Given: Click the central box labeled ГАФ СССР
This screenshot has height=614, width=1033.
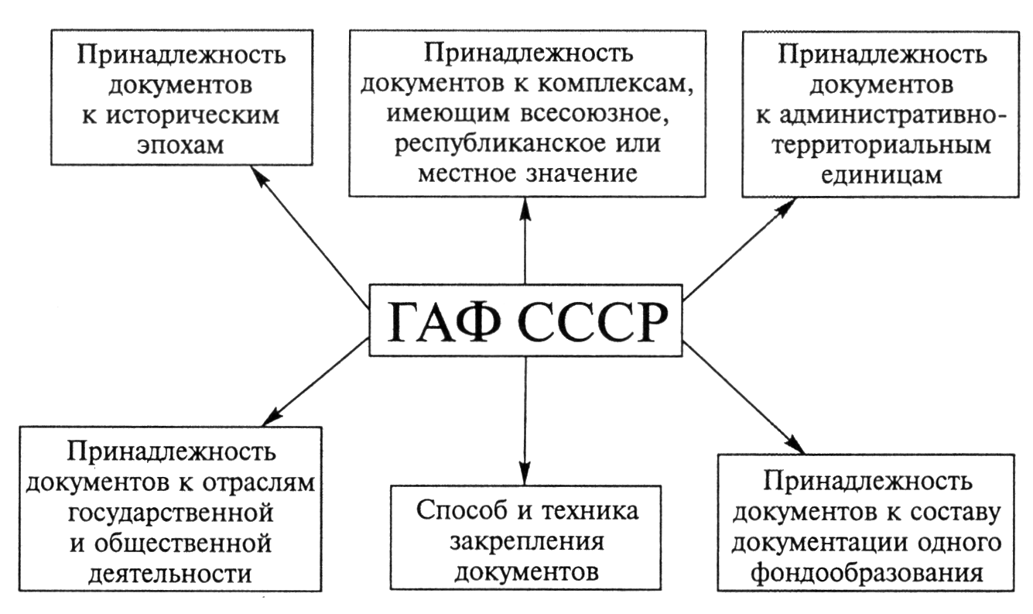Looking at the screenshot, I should coord(525,319).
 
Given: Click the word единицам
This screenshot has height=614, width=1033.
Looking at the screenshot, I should coord(883,175).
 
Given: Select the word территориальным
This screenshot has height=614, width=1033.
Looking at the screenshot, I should coord(883,146).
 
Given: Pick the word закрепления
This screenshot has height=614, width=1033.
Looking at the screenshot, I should coord(526,542).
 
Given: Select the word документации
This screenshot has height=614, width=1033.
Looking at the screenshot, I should coord(815,544).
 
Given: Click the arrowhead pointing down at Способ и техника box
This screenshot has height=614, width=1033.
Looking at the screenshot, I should coord(525,475).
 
